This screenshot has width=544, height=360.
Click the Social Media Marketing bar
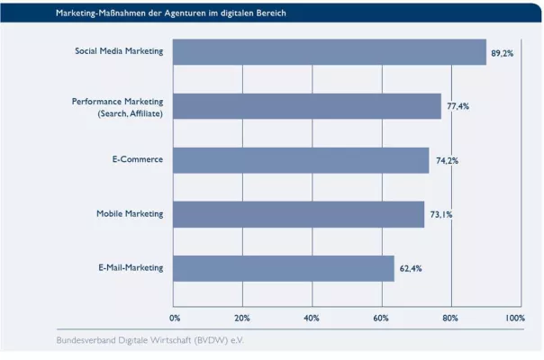click(329, 52)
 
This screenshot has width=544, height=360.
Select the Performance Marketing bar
click(306, 106)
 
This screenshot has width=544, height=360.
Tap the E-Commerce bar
click(300, 160)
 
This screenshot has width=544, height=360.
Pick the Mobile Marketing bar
click(298, 214)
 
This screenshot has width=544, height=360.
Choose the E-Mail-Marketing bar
click(283, 268)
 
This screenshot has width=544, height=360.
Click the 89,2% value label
click(502, 54)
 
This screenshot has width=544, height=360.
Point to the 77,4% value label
click(458, 107)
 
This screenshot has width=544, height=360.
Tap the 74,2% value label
click(447, 161)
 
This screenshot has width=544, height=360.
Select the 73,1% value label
click(440, 215)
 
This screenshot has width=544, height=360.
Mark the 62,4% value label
click(411, 269)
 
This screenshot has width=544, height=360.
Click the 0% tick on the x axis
click(175, 318)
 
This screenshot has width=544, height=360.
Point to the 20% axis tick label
click(241, 318)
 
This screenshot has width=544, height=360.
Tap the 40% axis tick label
click(311, 318)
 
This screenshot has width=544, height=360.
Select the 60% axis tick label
click(380, 318)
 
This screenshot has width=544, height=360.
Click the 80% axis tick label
click(449, 318)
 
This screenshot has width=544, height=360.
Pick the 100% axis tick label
click(514, 318)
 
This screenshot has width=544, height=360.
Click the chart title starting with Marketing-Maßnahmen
click(171, 14)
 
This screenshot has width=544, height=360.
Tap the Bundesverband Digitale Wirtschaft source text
click(150, 340)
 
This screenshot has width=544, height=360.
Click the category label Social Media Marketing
click(119, 51)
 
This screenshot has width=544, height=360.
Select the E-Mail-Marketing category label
click(131, 267)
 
